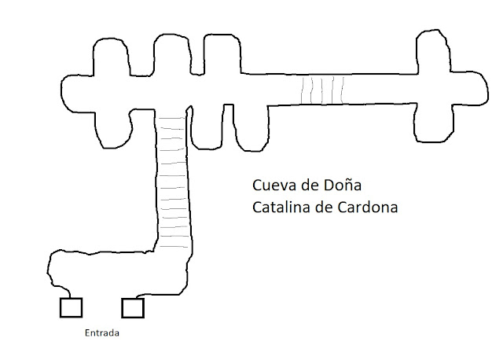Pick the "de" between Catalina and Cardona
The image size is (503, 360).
(x=322, y=208)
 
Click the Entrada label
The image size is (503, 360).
(x=102, y=332)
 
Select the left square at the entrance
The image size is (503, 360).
(x=72, y=307)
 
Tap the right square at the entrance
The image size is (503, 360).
(x=133, y=307)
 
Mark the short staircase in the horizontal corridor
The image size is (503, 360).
(x=321, y=90)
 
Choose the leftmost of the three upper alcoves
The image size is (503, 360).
(x=112, y=59)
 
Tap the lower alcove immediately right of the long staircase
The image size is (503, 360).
(x=207, y=126)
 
